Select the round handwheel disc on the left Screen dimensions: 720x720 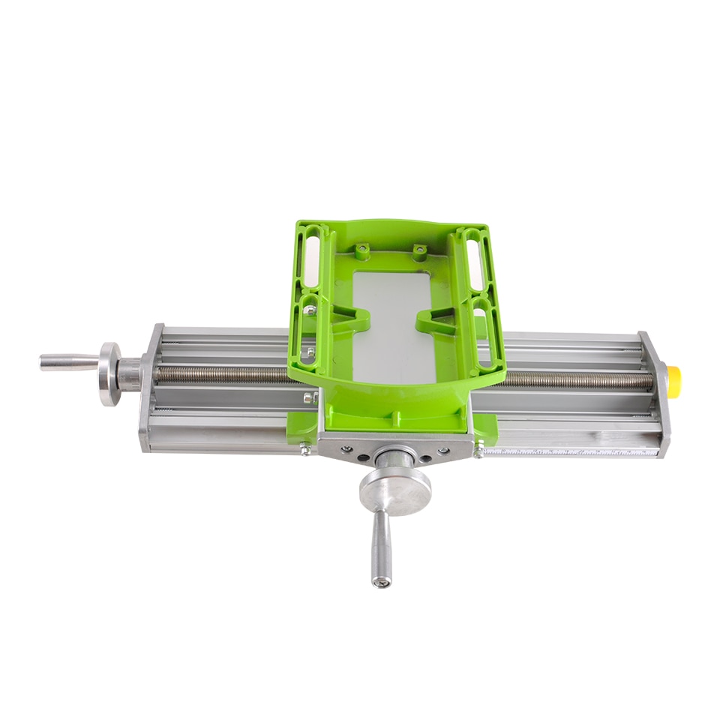tap(109, 373)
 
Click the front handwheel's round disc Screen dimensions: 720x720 tap(394, 492)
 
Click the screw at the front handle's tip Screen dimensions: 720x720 tap(382, 580)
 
